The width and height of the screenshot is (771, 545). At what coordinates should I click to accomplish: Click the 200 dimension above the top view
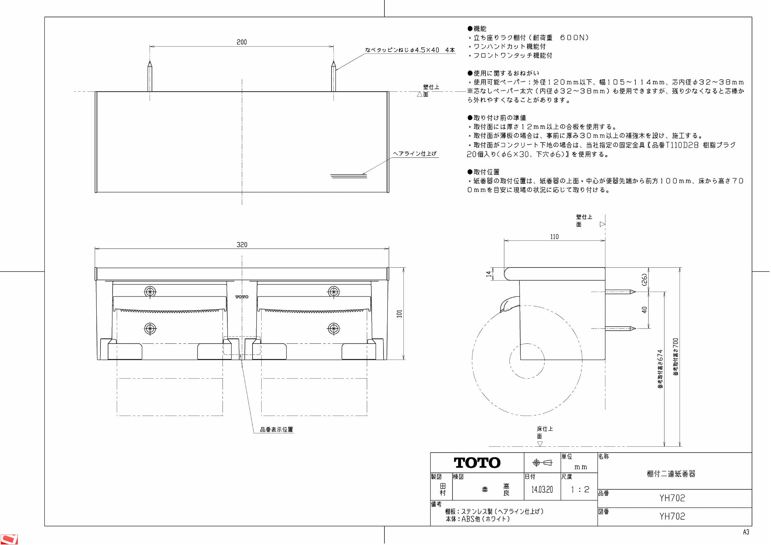pyautogui.click(x=241, y=42)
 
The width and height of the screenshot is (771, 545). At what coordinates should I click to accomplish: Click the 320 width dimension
pyautogui.click(x=242, y=245)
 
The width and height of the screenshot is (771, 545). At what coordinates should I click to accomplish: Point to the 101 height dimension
pyautogui.click(x=399, y=314)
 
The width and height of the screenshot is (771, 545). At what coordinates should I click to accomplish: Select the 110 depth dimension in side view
pyautogui.click(x=555, y=237)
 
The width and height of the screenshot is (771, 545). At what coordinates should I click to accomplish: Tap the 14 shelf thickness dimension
pyautogui.click(x=488, y=274)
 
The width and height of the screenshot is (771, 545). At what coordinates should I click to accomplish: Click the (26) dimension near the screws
pyautogui.click(x=644, y=279)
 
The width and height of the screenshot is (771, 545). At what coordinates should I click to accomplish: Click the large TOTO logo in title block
pyautogui.click(x=477, y=463)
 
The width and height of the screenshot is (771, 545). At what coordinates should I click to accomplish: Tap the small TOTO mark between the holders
pyautogui.click(x=242, y=297)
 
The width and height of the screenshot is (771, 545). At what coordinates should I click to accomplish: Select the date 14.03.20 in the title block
pyautogui.click(x=542, y=490)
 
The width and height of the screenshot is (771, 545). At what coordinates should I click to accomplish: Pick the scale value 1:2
pyautogui.click(x=580, y=490)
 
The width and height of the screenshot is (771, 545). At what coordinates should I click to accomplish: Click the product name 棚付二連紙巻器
pyautogui.click(x=671, y=474)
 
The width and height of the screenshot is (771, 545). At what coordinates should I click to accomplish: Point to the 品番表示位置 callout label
pyautogui.click(x=276, y=430)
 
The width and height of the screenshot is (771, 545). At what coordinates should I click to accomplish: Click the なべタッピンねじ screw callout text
pyautogui.click(x=410, y=50)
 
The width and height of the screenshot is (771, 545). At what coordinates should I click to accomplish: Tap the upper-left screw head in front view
pyautogui.click(x=150, y=291)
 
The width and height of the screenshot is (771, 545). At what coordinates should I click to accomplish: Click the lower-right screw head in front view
pyautogui.click(x=333, y=328)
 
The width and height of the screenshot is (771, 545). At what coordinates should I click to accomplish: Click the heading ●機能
pyautogui.click(x=477, y=29)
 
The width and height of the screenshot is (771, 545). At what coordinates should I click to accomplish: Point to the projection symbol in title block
pyautogui.click(x=542, y=463)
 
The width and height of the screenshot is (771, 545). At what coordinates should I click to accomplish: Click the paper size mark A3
pyautogui.click(x=746, y=532)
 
